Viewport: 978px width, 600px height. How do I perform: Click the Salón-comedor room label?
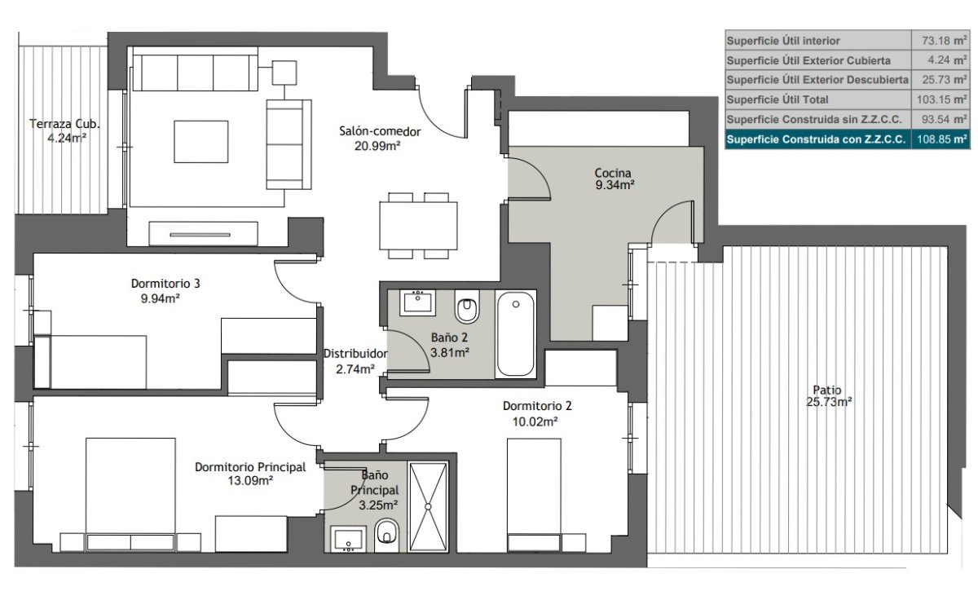click(380, 131)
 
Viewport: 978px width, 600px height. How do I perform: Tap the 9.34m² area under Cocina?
click(615, 185)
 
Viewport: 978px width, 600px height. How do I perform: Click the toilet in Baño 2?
click(467, 306)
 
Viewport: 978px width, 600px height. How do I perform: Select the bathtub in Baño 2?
click(516, 334)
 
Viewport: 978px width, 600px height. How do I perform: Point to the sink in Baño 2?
click(418, 302)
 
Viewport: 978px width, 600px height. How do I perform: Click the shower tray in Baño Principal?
click(428, 506)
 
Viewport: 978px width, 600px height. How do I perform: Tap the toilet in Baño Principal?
click(386, 536)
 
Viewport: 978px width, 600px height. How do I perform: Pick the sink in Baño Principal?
click(348, 540)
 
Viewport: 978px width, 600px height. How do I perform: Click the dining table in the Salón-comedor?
click(418, 225)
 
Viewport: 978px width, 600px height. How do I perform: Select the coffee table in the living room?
click(201, 142)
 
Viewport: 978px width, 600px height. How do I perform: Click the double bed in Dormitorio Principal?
click(130, 494)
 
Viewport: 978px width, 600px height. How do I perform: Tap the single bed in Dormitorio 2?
click(534, 495)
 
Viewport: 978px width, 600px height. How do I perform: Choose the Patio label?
click(827, 390)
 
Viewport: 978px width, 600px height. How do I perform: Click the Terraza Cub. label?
click(64, 124)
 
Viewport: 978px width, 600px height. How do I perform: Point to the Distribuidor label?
click(355, 354)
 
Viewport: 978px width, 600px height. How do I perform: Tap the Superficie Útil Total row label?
click(778, 100)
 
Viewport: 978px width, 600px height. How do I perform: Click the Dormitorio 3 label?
click(165, 284)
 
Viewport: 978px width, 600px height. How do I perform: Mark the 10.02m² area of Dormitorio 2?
click(535, 421)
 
